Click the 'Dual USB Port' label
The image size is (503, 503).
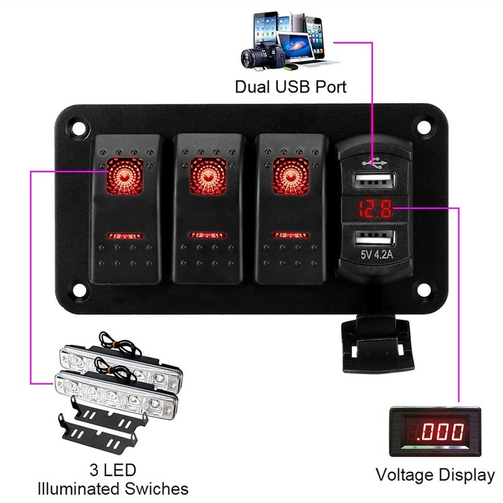(290, 86)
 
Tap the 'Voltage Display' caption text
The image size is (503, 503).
(435, 475)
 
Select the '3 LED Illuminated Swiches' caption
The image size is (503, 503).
(113, 479)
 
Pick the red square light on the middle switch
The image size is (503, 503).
(207, 174)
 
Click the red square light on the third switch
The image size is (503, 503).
(290, 174)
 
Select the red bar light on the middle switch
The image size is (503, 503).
(207, 236)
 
